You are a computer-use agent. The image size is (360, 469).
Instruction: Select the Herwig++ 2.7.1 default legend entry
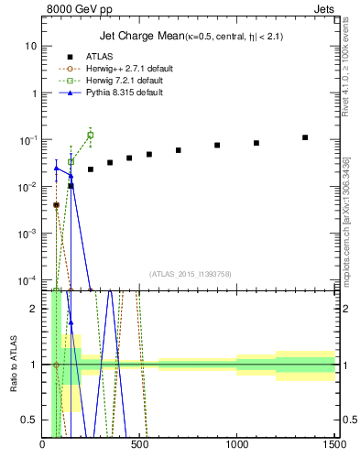(x=115, y=68)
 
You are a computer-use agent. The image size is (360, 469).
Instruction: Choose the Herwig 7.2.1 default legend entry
(x=113, y=80)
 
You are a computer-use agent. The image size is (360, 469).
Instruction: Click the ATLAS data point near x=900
(x=217, y=145)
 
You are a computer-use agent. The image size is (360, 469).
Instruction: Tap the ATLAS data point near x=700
(x=179, y=150)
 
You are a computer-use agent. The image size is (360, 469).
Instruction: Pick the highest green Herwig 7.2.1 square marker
(x=91, y=135)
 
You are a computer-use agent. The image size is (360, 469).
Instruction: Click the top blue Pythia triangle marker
(x=57, y=168)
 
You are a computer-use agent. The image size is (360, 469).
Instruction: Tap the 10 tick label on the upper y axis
(x=31, y=46)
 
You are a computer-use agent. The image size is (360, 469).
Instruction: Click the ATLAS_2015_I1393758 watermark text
(x=191, y=273)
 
